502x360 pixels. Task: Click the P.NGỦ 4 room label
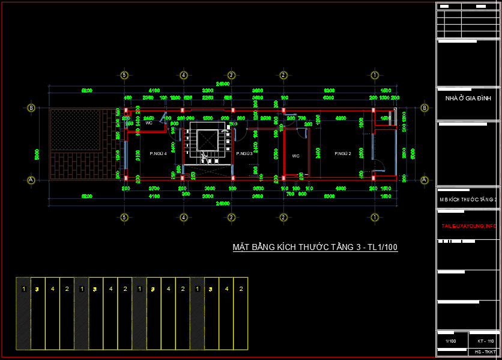coord(158,153)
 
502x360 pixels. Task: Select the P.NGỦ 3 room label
coord(244,153)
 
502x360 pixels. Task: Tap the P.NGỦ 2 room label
coord(343,153)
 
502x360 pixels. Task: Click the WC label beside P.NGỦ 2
coord(296,156)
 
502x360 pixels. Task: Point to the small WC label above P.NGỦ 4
coord(149,123)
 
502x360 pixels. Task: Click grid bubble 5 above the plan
coord(124,75)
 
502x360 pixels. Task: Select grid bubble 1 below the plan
coord(375,216)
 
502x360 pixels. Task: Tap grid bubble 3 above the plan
coord(231,75)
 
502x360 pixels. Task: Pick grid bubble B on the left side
coord(31,108)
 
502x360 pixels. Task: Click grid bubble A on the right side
coord(425,180)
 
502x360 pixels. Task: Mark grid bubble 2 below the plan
coord(283,216)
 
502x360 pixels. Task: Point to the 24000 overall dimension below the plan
coord(225,203)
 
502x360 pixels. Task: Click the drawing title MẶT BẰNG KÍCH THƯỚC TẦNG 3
coord(315,247)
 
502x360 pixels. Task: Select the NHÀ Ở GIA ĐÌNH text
coord(468,98)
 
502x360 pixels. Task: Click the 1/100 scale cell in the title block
coord(450,341)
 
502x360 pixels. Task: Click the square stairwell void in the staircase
coord(208,139)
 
